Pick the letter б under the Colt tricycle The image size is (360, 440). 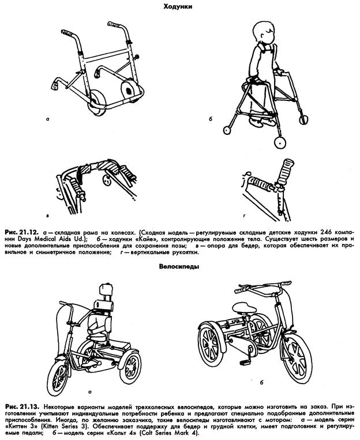point(262,382)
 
